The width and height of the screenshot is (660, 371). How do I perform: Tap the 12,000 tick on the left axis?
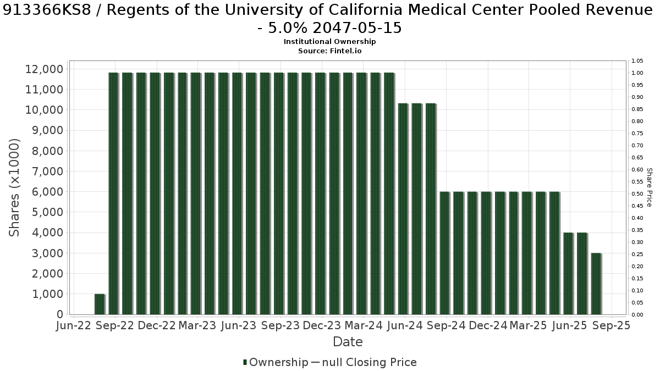pyautogui.click(x=44, y=69)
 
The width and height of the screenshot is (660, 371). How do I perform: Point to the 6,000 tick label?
pyautogui.click(x=47, y=192)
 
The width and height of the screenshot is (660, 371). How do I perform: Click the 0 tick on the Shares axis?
pyautogui.click(x=60, y=314)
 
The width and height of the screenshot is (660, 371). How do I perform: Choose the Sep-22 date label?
pyautogui.click(x=115, y=325)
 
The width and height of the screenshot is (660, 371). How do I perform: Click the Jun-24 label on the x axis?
pyautogui.click(x=405, y=325)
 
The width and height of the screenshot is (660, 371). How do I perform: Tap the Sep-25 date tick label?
pyautogui.click(x=612, y=325)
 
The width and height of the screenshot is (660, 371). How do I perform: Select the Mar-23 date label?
pyautogui.click(x=197, y=325)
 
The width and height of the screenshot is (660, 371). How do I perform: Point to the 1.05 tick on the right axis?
pyautogui.click(x=637, y=61)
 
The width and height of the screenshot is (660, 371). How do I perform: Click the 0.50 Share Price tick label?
pyautogui.click(x=637, y=193)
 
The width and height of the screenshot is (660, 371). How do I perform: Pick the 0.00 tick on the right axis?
pyautogui.click(x=637, y=315)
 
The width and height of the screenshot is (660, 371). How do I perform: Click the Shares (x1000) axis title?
pyautogui.click(x=14, y=187)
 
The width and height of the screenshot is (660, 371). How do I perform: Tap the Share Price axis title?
pyautogui.click(x=649, y=187)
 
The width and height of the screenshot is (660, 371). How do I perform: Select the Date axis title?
pyautogui.click(x=348, y=342)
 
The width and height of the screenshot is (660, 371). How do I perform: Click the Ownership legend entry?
pyautogui.click(x=276, y=362)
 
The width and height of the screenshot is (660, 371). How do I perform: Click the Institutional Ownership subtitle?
pyautogui.click(x=329, y=42)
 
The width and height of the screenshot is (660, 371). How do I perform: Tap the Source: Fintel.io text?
pyautogui.click(x=329, y=51)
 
